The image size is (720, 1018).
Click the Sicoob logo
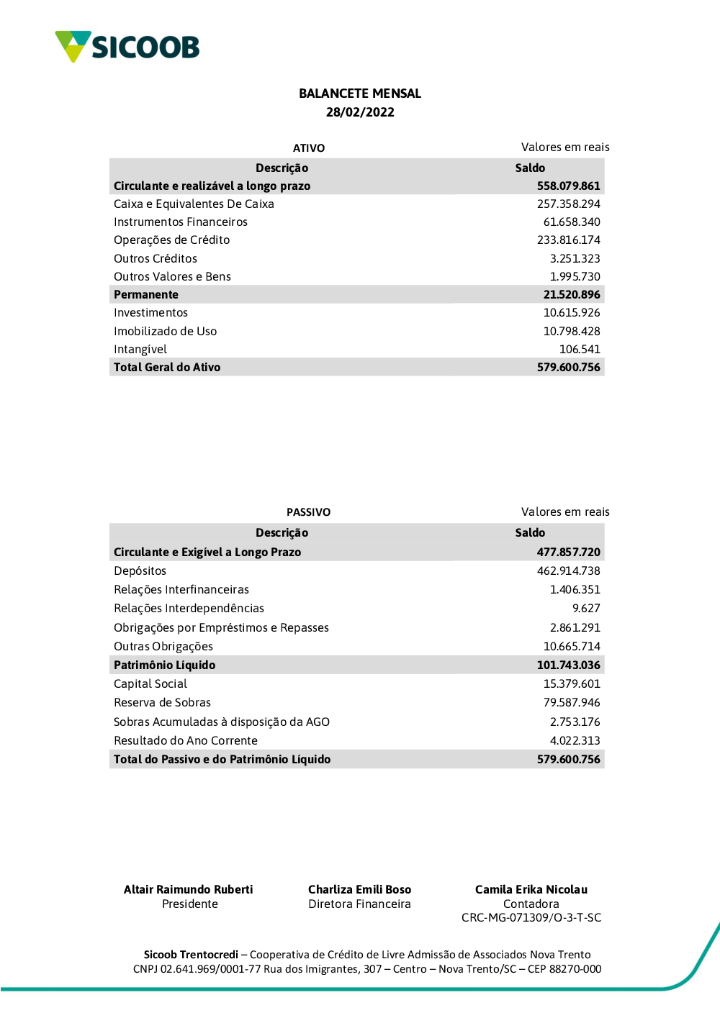pos(127,47)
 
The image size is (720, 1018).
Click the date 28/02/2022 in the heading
pos(360,112)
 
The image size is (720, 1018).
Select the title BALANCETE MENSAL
pos(360,94)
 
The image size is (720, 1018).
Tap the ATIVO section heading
pos(309,148)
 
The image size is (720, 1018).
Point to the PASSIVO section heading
pos(308,512)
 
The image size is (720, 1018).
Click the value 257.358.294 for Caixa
pos(568,204)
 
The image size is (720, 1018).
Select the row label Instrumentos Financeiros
pos(181,222)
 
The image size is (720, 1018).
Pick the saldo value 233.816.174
pos(568,240)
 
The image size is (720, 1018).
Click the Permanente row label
pos(146,295)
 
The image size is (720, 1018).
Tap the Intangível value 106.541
pos(580,350)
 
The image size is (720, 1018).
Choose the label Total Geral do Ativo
pos(167,368)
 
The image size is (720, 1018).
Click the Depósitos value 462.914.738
pos(568,571)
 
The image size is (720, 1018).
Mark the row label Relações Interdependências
pos(189,609)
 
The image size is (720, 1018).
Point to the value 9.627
pos(586,609)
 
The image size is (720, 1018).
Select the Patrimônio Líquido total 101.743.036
pos(568,665)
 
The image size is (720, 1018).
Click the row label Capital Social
pos(150,684)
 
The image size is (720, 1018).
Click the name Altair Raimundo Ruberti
pos(189,890)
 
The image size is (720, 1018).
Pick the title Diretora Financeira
pos(359,904)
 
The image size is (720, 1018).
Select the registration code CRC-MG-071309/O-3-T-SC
pos(531,918)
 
